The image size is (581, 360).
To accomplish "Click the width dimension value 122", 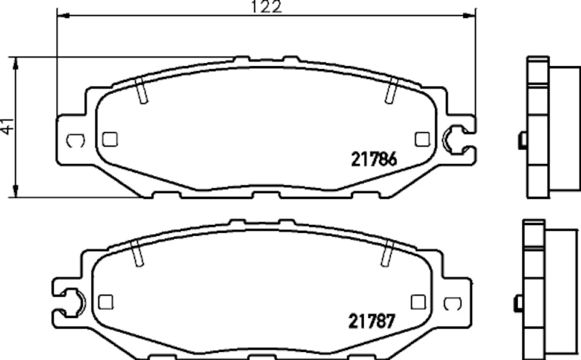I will [265, 7].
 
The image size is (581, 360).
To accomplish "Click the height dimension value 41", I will [7, 126].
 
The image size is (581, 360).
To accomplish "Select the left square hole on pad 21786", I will [110, 139].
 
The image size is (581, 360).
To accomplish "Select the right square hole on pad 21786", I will [420, 138].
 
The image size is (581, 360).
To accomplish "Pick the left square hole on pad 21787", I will [105, 301].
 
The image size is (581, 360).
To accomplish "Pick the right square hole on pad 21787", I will [417, 301].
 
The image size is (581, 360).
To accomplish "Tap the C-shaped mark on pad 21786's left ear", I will [74, 140].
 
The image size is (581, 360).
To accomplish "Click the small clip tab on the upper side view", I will [521, 140].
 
